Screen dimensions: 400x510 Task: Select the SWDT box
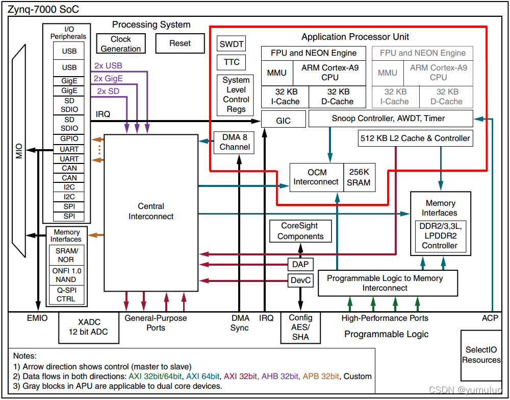231,44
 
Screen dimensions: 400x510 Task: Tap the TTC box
231,62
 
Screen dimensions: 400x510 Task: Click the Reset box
180,43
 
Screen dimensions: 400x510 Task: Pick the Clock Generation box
121,44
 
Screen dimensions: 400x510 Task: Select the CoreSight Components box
300,231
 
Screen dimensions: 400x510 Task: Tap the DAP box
300,264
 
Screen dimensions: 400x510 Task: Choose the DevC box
300,280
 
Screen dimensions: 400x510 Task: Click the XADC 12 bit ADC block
89,327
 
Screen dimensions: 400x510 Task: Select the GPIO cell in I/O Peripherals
69,138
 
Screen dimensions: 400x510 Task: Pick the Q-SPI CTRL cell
66,295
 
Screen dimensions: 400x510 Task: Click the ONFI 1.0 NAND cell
66,275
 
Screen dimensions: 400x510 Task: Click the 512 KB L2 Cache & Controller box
415,138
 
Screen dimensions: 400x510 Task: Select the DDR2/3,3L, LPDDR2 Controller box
440,236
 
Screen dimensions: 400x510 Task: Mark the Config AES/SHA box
300,327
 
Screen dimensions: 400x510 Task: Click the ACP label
490,318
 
